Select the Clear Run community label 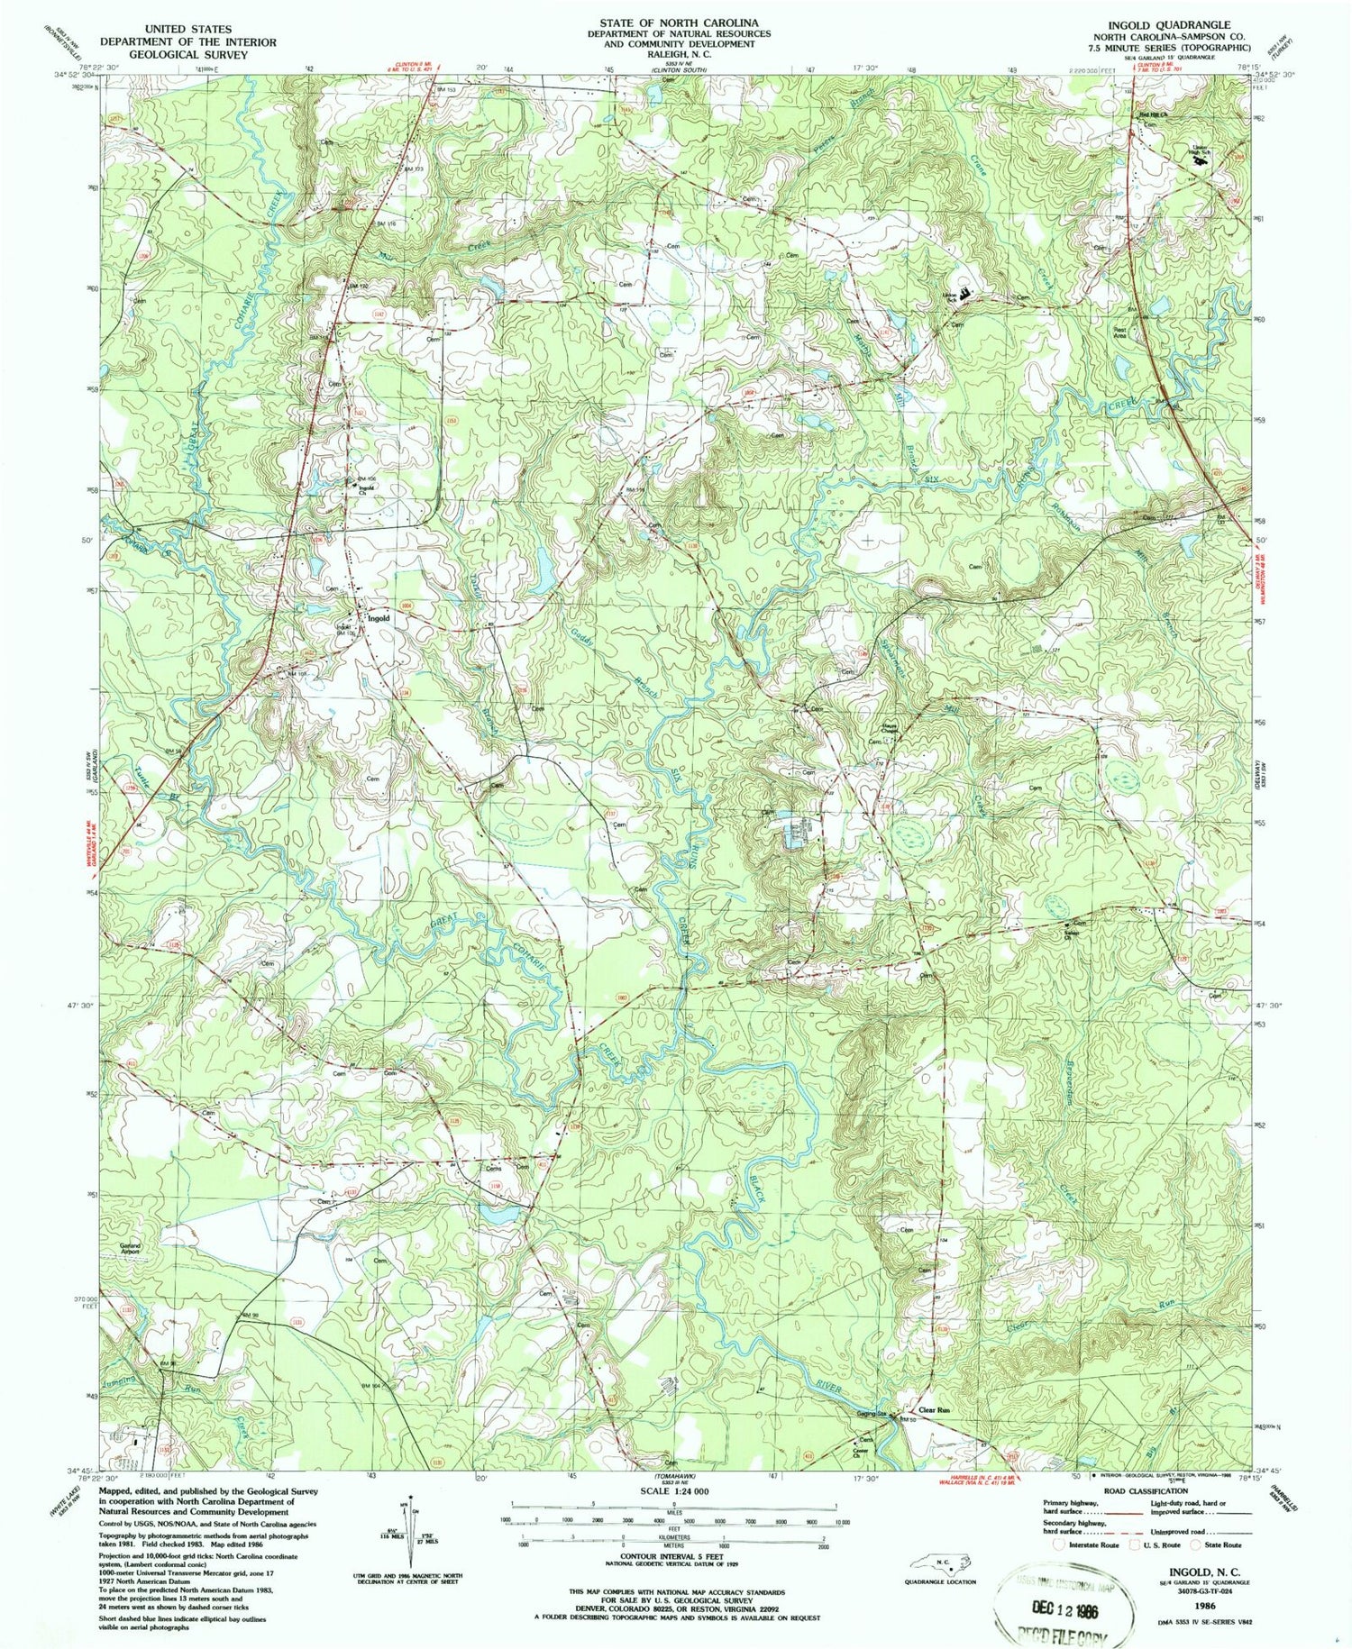pyautogui.click(x=934, y=1410)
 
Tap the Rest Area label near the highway pyautogui.click(x=1120, y=332)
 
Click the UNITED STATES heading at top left pyautogui.click(x=165, y=29)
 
